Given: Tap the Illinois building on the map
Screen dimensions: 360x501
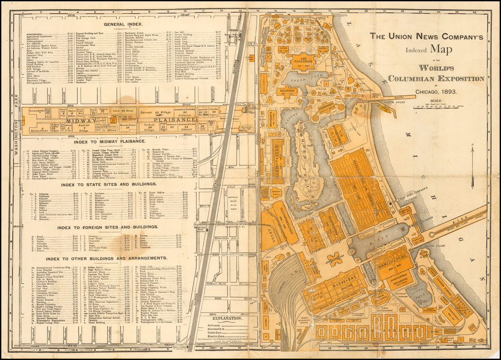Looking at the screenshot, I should coord(287,91).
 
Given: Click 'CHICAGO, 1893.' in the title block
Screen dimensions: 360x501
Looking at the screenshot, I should coord(436,91).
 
